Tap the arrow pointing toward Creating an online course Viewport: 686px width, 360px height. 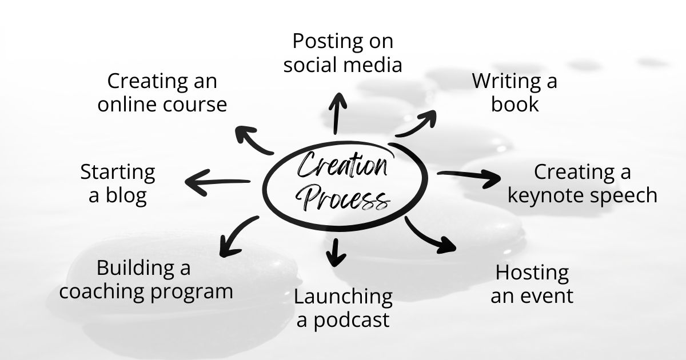coord(254,140)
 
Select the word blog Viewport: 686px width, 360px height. coord(126,195)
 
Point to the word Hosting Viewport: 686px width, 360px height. coord(532,273)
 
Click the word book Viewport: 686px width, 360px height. coord(515,104)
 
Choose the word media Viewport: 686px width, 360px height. coord(374,65)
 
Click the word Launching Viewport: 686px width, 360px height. coord(343,297)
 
